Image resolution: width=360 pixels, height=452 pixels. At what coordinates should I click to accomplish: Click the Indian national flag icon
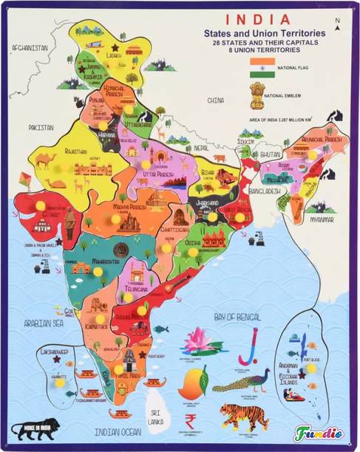tap(262, 68)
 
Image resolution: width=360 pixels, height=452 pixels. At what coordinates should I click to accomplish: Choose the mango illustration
tap(193, 383)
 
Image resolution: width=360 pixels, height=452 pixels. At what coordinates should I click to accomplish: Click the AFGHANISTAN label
tap(30, 47)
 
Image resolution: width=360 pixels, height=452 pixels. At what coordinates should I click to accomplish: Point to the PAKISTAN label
tap(41, 127)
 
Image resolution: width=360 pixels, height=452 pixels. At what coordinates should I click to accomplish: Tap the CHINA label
tap(215, 99)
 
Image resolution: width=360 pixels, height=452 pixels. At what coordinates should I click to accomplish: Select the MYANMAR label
tap(321, 220)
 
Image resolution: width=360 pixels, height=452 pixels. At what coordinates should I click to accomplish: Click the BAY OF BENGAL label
tap(237, 316)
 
